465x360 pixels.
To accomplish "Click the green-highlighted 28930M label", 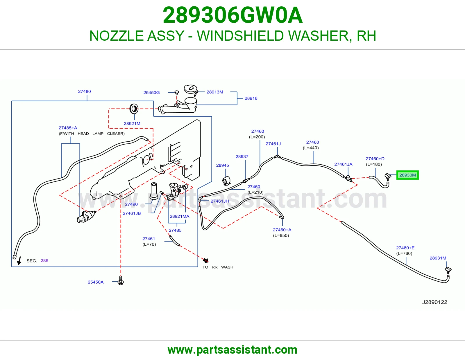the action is click(407, 175).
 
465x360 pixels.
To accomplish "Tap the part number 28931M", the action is click(438, 258).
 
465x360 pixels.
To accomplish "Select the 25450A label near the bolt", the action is click(95, 282).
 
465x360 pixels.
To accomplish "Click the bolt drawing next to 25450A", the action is click(121, 280).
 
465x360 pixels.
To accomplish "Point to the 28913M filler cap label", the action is click(215, 92).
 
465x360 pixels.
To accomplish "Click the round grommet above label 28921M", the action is click(134, 109).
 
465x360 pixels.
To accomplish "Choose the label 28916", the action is click(251, 98).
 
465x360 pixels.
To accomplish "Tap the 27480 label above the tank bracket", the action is click(84, 91).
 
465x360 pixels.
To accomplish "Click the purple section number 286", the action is click(44, 261).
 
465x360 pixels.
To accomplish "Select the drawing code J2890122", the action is click(434, 302).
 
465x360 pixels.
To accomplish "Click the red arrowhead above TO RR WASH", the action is click(206, 260).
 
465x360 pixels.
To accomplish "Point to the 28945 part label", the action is click(222, 165).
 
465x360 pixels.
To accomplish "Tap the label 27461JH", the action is click(219, 201).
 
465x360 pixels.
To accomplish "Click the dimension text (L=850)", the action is click(281, 235).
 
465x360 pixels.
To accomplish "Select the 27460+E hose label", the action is click(405, 248).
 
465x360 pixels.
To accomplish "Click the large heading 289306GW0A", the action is click(233, 15).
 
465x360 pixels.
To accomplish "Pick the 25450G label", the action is click(151, 93).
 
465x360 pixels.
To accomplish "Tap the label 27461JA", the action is click(343, 164).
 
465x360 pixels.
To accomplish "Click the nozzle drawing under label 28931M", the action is click(448, 270).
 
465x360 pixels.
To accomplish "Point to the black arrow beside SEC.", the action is click(19, 261).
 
